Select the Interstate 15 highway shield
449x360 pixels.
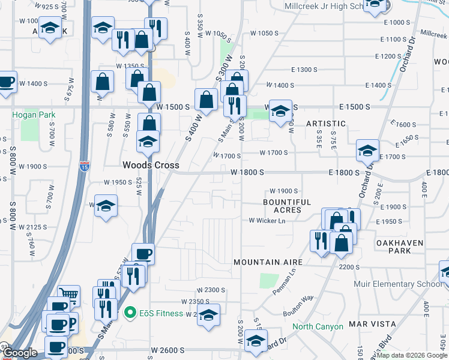(x=85, y=165)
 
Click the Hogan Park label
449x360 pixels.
(x=33, y=114)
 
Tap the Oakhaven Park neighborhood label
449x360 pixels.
(x=400, y=247)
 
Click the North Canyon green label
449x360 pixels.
(x=318, y=326)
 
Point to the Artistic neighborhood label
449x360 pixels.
(x=326, y=124)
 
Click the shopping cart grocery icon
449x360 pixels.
(x=69, y=294)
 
